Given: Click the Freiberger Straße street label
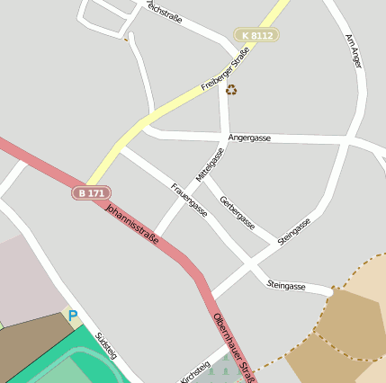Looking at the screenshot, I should [x=225, y=69].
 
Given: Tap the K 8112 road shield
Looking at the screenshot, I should [x=256, y=35].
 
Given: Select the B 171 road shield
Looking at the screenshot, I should [x=91, y=193].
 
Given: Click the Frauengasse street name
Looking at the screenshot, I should [x=189, y=200].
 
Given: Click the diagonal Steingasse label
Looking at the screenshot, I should [x=294, y=231].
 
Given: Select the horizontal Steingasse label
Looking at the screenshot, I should [x=286, y=286].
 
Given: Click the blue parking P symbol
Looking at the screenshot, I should [x=73, y=316].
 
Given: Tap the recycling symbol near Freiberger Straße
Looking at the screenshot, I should [x=231, y=89].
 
